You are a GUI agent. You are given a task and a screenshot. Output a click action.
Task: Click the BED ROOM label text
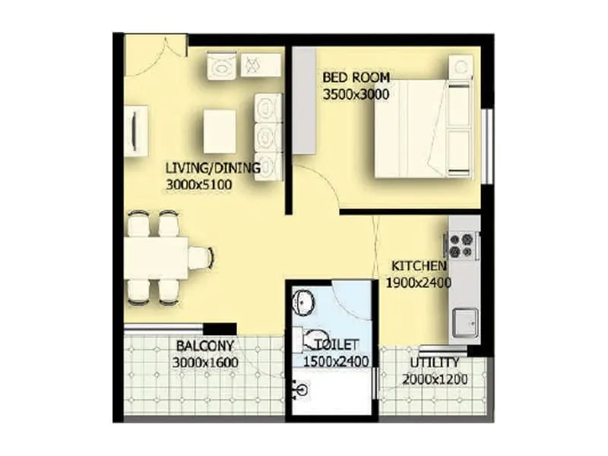(356, 78)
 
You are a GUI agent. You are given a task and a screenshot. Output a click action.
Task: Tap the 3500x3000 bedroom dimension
(356, 95)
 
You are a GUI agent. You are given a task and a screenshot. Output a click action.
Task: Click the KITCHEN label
(418, 266)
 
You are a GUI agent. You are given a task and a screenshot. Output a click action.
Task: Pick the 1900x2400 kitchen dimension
(419, 283)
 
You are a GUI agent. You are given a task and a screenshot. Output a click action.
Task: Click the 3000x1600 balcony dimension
(205, 363)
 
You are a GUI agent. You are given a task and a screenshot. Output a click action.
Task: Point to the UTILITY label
(434, 363)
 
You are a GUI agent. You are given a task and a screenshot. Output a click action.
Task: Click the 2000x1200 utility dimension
(435, 379)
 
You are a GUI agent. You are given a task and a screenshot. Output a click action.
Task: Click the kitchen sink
(463, 323)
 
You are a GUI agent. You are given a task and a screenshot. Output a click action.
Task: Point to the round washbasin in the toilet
(303, 302)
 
